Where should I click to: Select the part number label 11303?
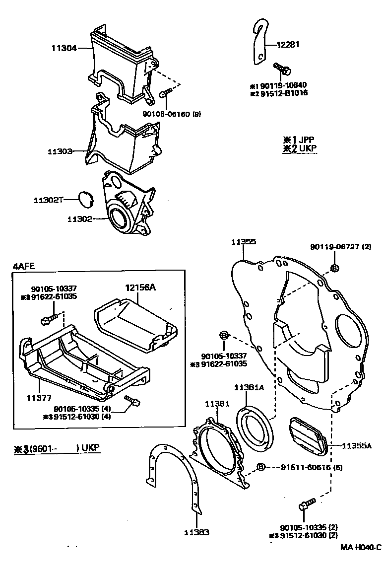(x=60, y=150)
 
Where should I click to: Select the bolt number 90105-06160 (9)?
(x=169, y=114)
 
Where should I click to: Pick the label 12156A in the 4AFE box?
(x=140, y=287)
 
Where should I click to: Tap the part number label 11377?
(x=38, y=398)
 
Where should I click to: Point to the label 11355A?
(x=356, y=445)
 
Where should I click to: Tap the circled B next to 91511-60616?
(x=261, y=467)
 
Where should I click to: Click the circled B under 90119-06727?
(x=334, y=268)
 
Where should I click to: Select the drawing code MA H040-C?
(x=361, y=547)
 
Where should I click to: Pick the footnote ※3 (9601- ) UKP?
(x=57, y=448)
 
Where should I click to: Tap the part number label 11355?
(x=244, y=242)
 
